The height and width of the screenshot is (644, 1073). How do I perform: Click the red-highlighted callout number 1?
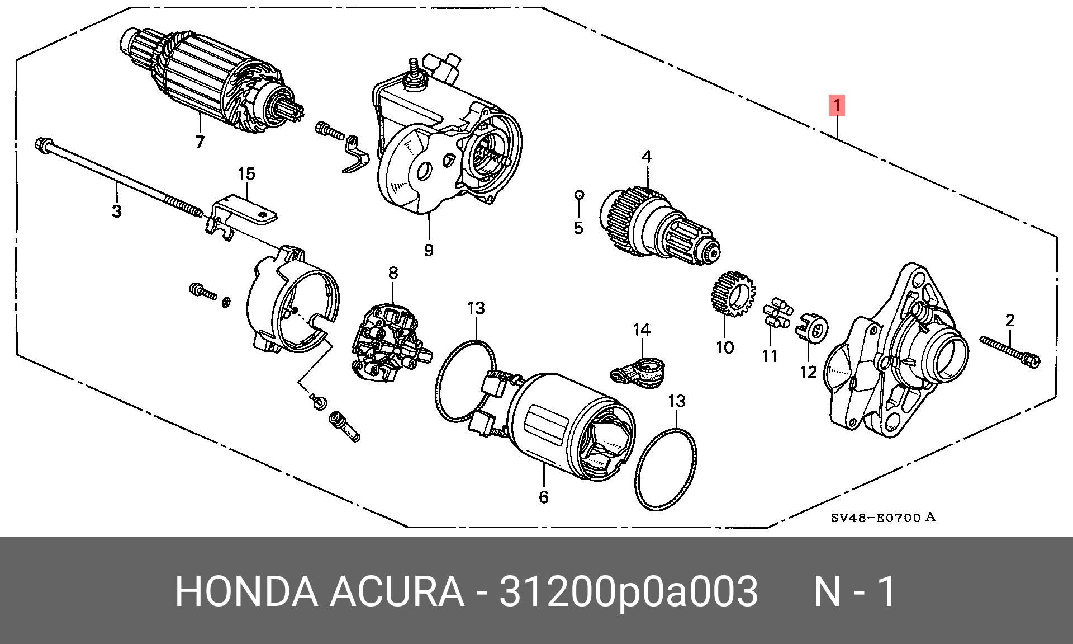[x=837, y=105]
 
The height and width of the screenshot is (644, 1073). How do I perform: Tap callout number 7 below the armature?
[x=200, y=142]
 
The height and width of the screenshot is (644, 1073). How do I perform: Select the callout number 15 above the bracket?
[x=246, y=174]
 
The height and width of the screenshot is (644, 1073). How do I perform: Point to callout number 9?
[x=428, y=250]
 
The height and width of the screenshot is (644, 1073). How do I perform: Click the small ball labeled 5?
[x=580, y=194]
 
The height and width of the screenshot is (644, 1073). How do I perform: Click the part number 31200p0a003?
[x=628, y=591]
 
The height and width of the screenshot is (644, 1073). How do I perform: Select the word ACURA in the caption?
[x=396, y=591]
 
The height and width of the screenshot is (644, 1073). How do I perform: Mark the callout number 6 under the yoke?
[x=544, y=496]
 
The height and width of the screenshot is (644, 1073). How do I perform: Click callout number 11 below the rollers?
[x=770, y=355]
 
